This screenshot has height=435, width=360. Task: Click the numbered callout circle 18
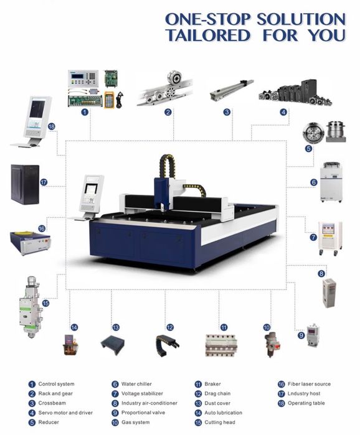coord(52,126)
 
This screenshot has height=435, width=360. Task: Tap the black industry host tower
coord(25,184)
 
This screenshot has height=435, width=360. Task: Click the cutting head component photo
coord(31,306)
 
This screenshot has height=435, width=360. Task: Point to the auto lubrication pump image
coord(70,345)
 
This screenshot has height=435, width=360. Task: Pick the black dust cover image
coord(112,345)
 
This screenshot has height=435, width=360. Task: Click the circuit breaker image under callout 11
coord(221,345)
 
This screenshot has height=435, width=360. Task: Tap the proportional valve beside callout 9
coord(313,335)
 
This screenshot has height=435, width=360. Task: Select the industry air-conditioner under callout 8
coord(329,293)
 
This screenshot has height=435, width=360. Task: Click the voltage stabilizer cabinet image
coord(330,238)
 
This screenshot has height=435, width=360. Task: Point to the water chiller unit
coord(331,182)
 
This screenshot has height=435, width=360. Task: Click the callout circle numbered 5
coord(308,148)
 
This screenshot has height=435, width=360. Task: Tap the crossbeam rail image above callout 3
coord(232,90)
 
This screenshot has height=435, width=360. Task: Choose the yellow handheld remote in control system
coord(110,99)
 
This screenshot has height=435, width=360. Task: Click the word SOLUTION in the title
coord(301,19)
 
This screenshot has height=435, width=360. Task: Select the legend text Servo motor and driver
coord(65,413)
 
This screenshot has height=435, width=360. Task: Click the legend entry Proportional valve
coord(143,413)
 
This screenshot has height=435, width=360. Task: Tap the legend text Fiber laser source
coord(309,384)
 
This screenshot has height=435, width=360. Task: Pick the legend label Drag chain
coord(217,393)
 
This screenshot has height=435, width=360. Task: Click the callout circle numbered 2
coord(168,112)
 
